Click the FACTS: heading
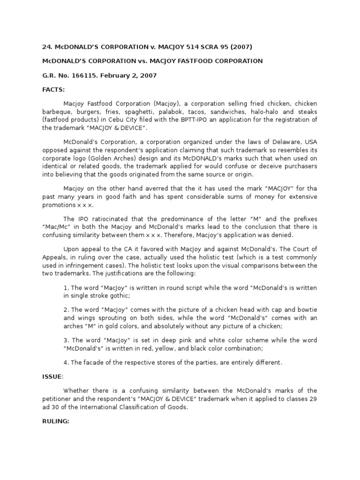coord(54,89)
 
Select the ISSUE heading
coord(52,376)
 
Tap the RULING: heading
coord(56,421)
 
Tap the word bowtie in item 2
coord(307,310)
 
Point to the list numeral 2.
coord(65,310)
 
